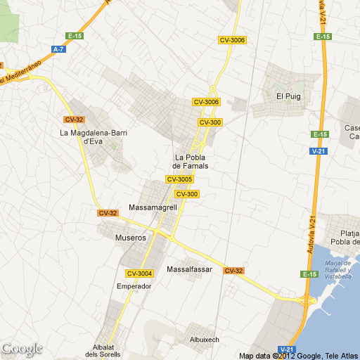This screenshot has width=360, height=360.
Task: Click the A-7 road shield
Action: pos(58,49)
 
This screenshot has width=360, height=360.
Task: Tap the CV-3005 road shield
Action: pos(179,179)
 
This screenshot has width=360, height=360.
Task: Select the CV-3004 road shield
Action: pos(139,273)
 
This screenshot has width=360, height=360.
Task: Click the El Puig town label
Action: pos(288,97)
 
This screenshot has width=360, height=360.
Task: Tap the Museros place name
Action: pos(130,238)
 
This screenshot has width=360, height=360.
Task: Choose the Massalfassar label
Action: pos(189,269)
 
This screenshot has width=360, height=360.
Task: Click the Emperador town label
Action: pos(134,286)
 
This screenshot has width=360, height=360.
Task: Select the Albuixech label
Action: pos(205,340)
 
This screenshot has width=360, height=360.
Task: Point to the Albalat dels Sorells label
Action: pos(107,350)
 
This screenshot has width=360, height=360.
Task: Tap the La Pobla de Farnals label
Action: pos(191,161)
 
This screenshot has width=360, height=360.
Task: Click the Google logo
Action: pos(22,349)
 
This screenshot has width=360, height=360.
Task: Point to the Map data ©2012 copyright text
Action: pos(299,356)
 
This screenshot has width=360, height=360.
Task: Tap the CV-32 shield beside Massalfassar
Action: pos(234,271)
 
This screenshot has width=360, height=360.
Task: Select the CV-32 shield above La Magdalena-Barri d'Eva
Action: pos(74,119)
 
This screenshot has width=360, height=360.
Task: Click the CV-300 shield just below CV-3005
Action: pos(186,194)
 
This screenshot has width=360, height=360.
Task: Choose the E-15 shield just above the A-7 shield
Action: pos(75,35)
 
